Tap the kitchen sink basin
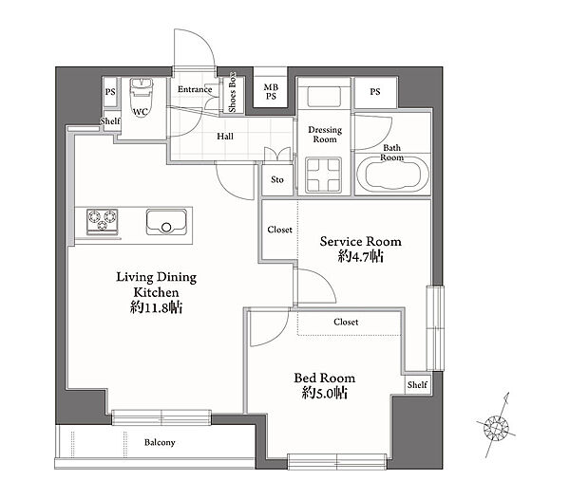click(166, 221)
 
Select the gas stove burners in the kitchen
click(103, 221)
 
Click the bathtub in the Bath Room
click(392, 175)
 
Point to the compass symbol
click(496, 426)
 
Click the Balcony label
click(160, 442)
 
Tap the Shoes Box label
click(232, 92)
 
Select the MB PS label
click(271, 92)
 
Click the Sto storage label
click(277, 179)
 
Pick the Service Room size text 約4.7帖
click(361, 256)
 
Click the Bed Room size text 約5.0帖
click(325, 393)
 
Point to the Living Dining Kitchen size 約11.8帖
click(157, 307)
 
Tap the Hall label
click(225, 137)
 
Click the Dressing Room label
click(325, 135)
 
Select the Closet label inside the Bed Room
click(346, 322)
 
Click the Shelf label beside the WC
click(110, 120)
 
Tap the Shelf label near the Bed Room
click(417, 384)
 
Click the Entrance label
click(195, 89)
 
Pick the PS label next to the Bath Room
click(375, 92)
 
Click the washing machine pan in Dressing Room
click(324, 175)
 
